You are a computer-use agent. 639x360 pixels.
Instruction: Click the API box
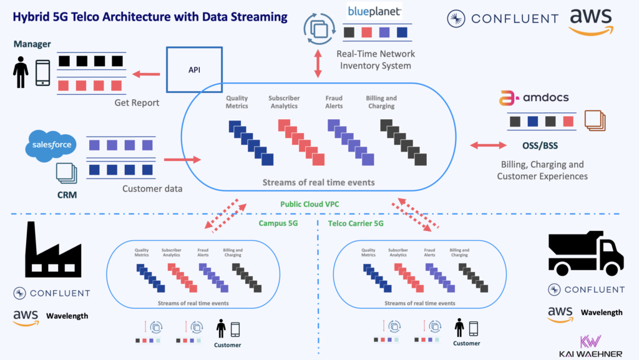pos(194,70)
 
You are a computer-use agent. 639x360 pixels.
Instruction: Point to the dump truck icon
pos(585,253)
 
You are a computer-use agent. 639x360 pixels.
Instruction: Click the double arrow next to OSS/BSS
pos(488,145)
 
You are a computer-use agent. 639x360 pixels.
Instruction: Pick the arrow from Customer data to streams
pos(177,160)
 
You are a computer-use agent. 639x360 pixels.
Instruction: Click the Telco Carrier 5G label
pos(356,223)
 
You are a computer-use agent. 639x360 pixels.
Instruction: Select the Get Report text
pos(137,103)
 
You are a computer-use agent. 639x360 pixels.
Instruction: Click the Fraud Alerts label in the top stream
pos(334,102)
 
